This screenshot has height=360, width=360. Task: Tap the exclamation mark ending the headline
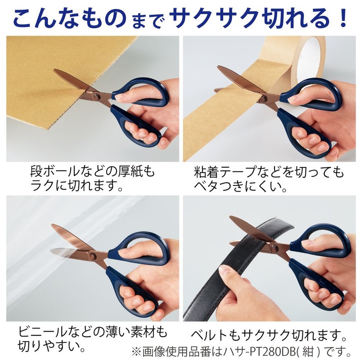(343, 17)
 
